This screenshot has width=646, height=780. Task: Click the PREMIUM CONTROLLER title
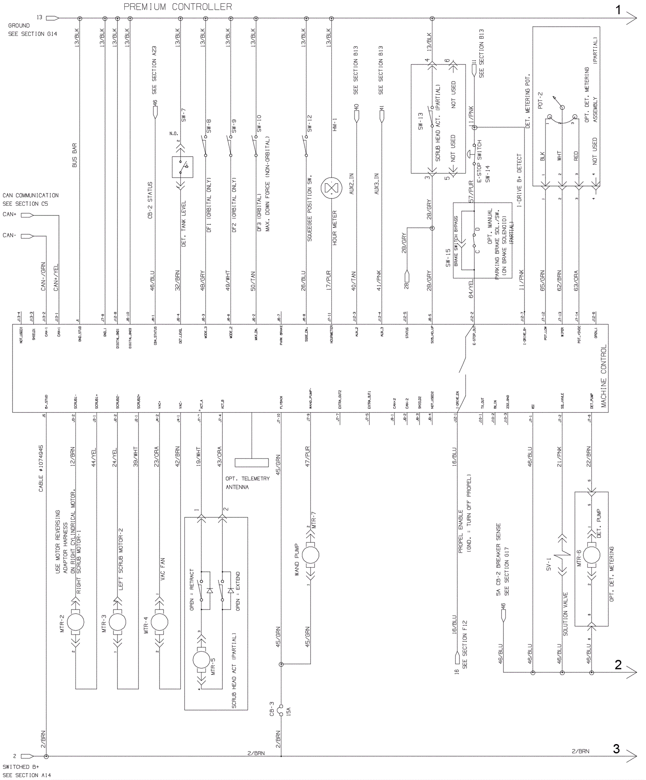[x=178, y=7]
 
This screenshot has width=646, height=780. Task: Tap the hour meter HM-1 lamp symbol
[x=331, y=188]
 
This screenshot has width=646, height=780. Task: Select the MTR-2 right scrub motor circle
[x=76, y=622]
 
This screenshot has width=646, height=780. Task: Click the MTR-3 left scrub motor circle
[x=117, y=622]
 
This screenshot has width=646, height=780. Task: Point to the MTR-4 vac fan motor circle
[x=159, y=622]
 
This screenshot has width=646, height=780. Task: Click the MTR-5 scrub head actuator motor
[x=201, y=660]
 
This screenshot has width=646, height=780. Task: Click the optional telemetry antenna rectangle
[x=252, y=462]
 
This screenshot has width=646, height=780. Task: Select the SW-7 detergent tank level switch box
[x=182, y=167]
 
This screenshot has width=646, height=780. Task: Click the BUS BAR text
[x=74, y=155]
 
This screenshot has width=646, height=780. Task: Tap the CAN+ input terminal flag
[x=27, y=215]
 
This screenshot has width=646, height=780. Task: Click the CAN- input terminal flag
[x=27, y=236]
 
